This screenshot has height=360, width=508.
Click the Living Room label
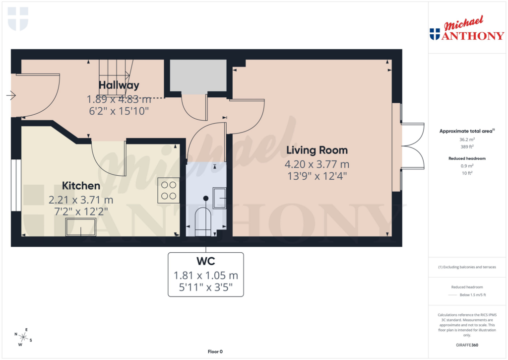click(x=316, y=150)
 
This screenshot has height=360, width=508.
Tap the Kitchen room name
click(x=81, y=186)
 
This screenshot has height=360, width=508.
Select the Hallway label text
click(x=119, y=85)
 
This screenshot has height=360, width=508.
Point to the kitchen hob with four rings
click(x=169, y=190)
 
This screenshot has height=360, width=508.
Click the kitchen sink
click(x=81, y=227)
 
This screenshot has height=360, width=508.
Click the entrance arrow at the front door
click(x=11, y=96)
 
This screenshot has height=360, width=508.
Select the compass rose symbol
click(x=23, y=337)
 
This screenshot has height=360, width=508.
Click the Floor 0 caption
click(x=215, y=352)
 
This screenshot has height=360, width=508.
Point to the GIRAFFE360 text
click(x=466, y=345)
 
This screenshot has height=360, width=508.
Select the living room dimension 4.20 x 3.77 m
click(x=317, y=164)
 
